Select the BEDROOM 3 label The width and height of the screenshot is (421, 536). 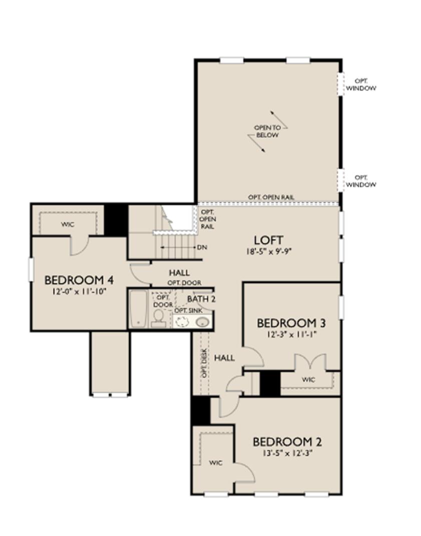tap(287, 322)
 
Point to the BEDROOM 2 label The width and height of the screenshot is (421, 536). tap(287, 442)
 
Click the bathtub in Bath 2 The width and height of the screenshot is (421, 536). tap(138, 309)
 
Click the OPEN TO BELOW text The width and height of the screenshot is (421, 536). tap(267, 131)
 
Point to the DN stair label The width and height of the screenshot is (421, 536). tap(202, 247)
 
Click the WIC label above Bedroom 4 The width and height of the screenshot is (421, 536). tap(68, 224)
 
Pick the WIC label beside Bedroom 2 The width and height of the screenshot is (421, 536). tap(216, 462)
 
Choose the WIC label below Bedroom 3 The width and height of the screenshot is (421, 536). tap(309, 380)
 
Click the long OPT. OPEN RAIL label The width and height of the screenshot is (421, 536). tap(271, 197)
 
